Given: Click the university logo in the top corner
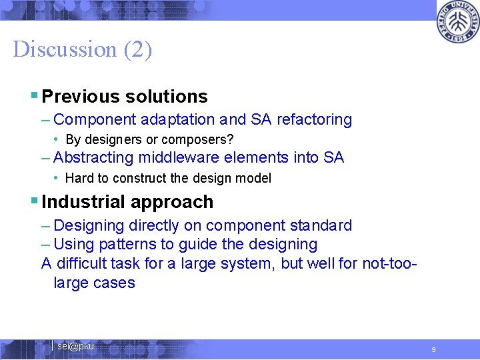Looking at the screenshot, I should [457, 23].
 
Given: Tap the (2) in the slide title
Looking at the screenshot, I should [137, 49].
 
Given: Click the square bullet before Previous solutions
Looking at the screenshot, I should [35, 96].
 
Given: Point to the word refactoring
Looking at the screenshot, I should [314, 120].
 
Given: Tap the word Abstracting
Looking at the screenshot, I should [93, 158].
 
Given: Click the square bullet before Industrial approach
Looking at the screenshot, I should [35, 201].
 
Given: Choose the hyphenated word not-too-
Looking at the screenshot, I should [389, 263].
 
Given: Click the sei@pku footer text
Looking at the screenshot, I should [75, 347].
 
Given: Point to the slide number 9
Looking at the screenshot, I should [433, 349].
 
